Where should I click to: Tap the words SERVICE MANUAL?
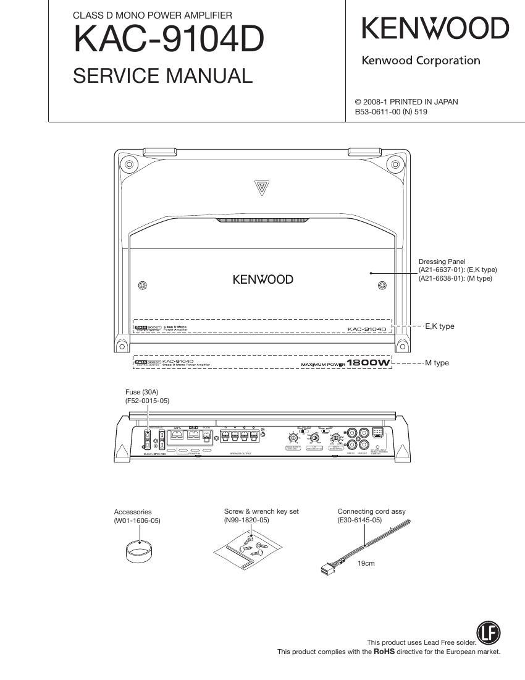(x=163, y=76)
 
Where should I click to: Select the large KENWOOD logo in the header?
(x=435, y=29)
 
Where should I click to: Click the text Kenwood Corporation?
(x=420, y=61)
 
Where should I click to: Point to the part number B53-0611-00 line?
(x=391, y=112)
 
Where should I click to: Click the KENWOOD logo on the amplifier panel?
(x=262, y=279)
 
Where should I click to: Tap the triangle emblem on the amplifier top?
(x=262, y=186)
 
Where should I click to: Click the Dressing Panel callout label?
(x=442, y=261)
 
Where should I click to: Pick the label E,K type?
(x=440, y=326)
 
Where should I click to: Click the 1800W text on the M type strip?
(x=369, y=363)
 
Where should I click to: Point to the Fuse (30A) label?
(x=141, y=392)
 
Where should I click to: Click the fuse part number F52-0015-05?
(x=147, y=401)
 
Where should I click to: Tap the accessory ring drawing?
(x=139, y=551)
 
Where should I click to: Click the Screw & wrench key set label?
(x=261, y=511)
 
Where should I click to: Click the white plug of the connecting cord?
(x=328, y=568)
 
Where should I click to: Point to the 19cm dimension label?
(x=366, y=563)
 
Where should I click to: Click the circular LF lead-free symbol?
(x=489, y=632)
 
